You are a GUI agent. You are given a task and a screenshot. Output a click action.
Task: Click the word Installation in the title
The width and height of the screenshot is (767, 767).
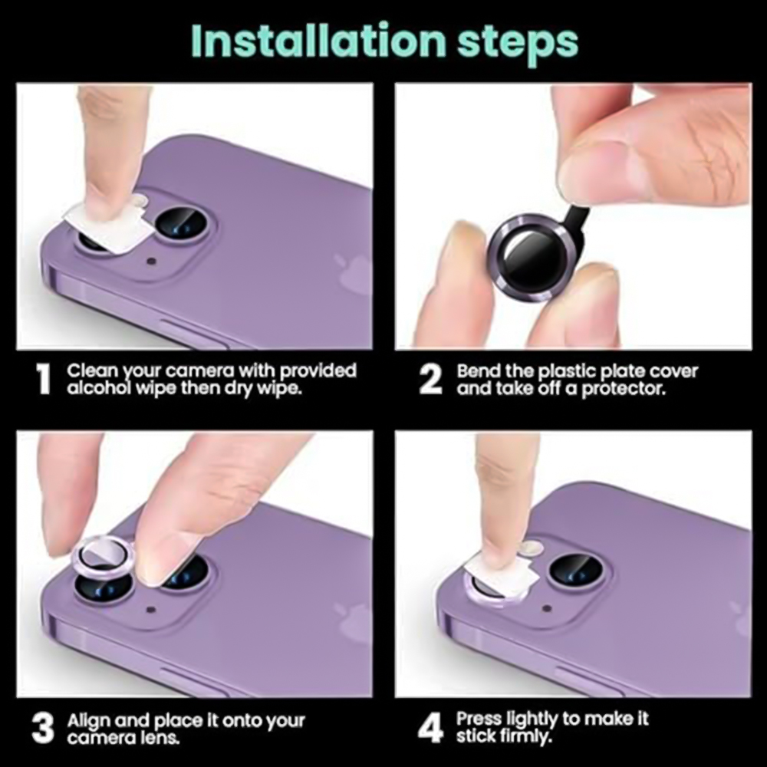pos(318,41)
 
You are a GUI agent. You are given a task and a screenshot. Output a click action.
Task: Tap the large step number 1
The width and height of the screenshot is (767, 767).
pos(44,379)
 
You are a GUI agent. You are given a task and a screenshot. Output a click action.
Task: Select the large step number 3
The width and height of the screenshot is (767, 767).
pos(42,728)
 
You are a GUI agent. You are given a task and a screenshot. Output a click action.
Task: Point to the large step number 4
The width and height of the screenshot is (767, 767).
pos(431,727)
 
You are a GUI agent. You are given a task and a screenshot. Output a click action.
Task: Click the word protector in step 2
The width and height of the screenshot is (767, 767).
pos(624,389)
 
